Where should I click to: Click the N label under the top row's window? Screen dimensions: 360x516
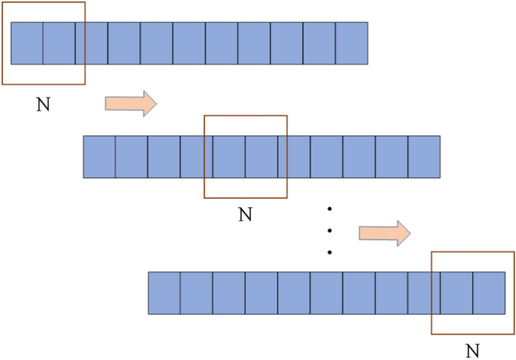click(x=43, y=105)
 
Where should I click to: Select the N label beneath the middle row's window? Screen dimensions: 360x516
click(x=245, y=215)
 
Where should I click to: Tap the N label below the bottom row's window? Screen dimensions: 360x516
click(x=472, y=350)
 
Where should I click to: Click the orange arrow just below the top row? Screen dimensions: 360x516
click(x=130, y=103)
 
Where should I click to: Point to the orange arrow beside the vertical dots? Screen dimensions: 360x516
click(x=384, y=233)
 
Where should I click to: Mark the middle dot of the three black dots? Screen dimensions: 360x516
click(x=330, y=230)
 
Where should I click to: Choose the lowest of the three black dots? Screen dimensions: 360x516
click(x=330, y=252)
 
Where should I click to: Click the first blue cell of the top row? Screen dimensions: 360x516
click(x=26, y=43)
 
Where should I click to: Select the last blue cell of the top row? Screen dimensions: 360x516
click(x=351, y=43)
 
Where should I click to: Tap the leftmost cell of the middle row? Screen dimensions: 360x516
click(x=99, y=157)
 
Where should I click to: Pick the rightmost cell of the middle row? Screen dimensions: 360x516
click(x=424, y=157)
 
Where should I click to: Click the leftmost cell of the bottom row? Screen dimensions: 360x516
click(x=164, y=293)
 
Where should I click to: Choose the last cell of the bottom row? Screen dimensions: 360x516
click(x=489, y=293)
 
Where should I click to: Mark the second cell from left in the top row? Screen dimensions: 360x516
click(x=59, y=43)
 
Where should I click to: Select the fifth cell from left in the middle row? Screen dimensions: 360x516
click(x=229, y=157)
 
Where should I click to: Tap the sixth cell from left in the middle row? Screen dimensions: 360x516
click(x=261, y=157)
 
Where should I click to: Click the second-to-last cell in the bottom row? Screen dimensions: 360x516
click(x=456, y=293)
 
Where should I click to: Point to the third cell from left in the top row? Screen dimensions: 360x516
click(x=91, y=43)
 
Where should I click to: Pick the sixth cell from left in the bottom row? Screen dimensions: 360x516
click(x=326, y=293)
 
